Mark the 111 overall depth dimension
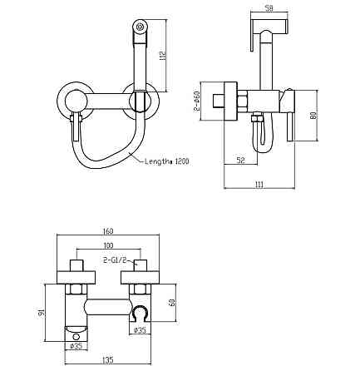(259, 185)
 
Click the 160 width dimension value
(110, 231)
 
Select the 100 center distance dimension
(108, 247)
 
